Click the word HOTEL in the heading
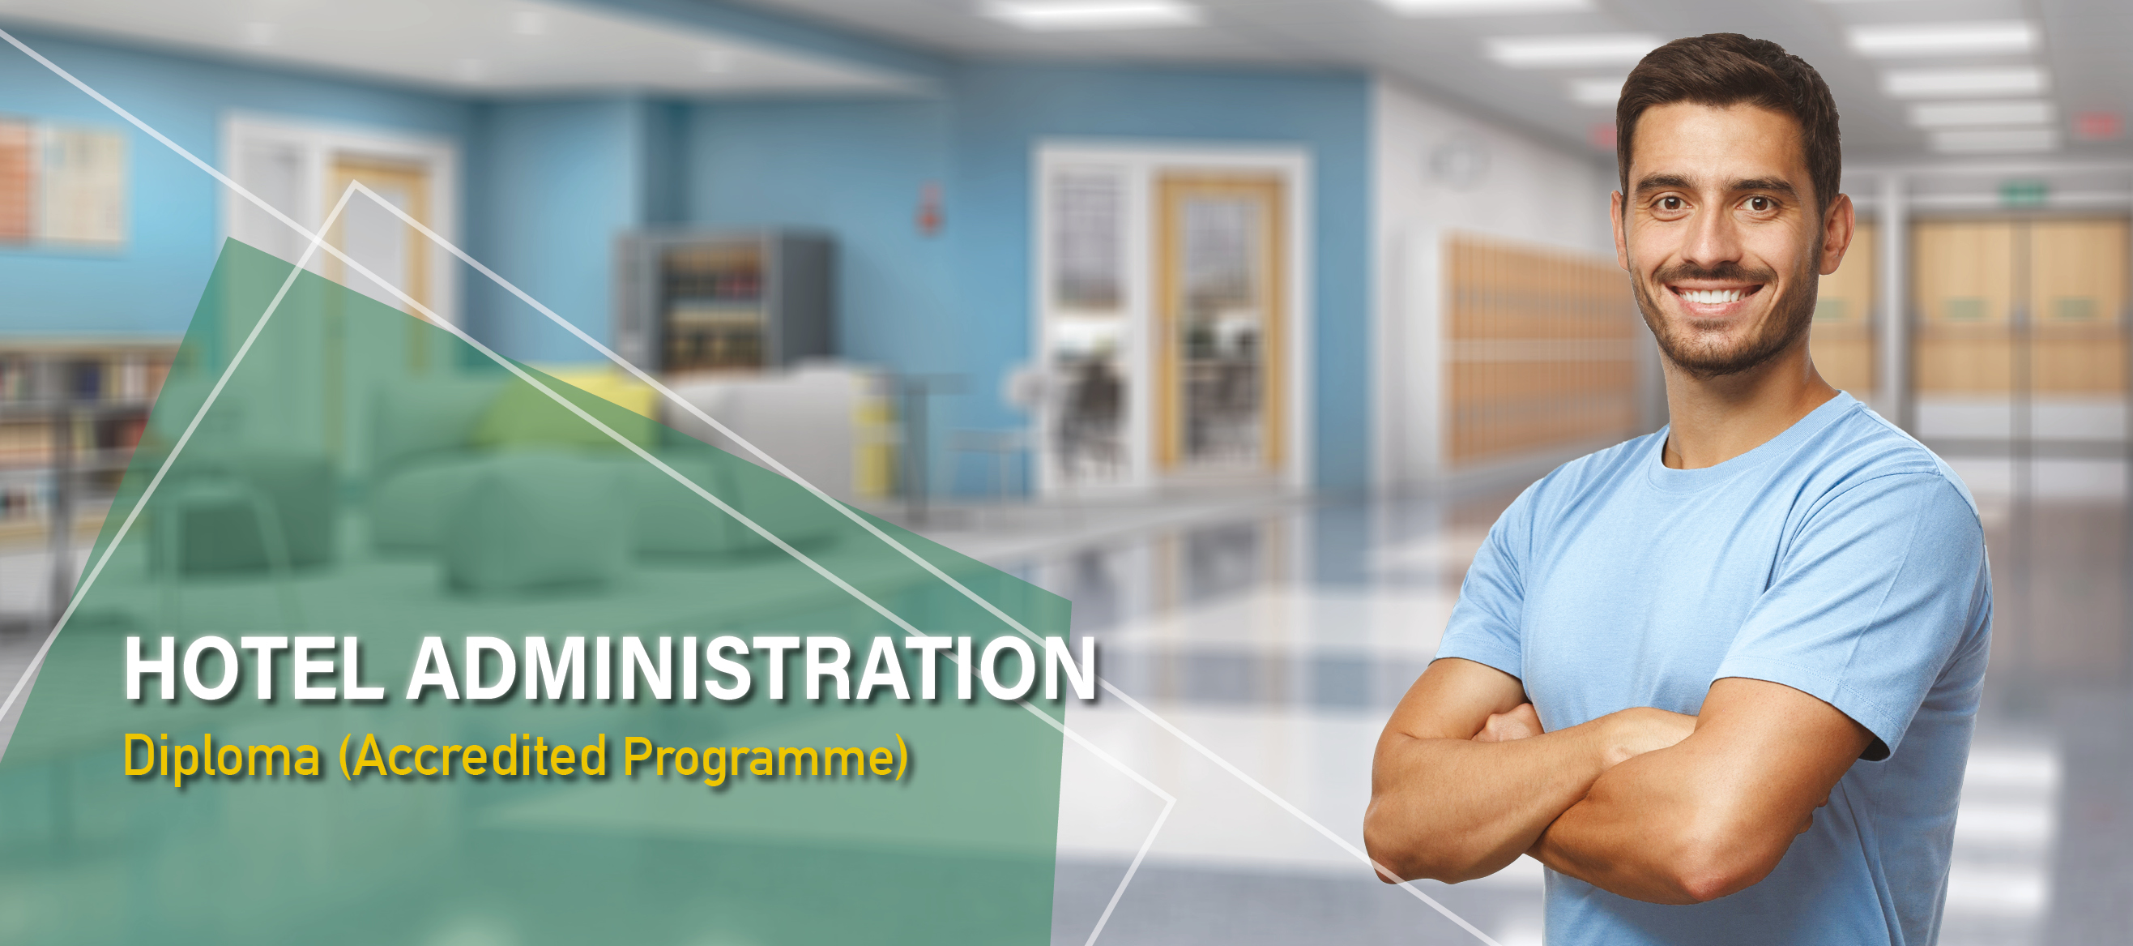pyautogui.click(x=254, y=669)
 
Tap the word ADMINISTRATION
pyautogui.click(x=752, y=669)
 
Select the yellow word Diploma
pyautogui.click(x=222, y=756)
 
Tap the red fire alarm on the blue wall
pyautogui.click(x=931, y=207)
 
